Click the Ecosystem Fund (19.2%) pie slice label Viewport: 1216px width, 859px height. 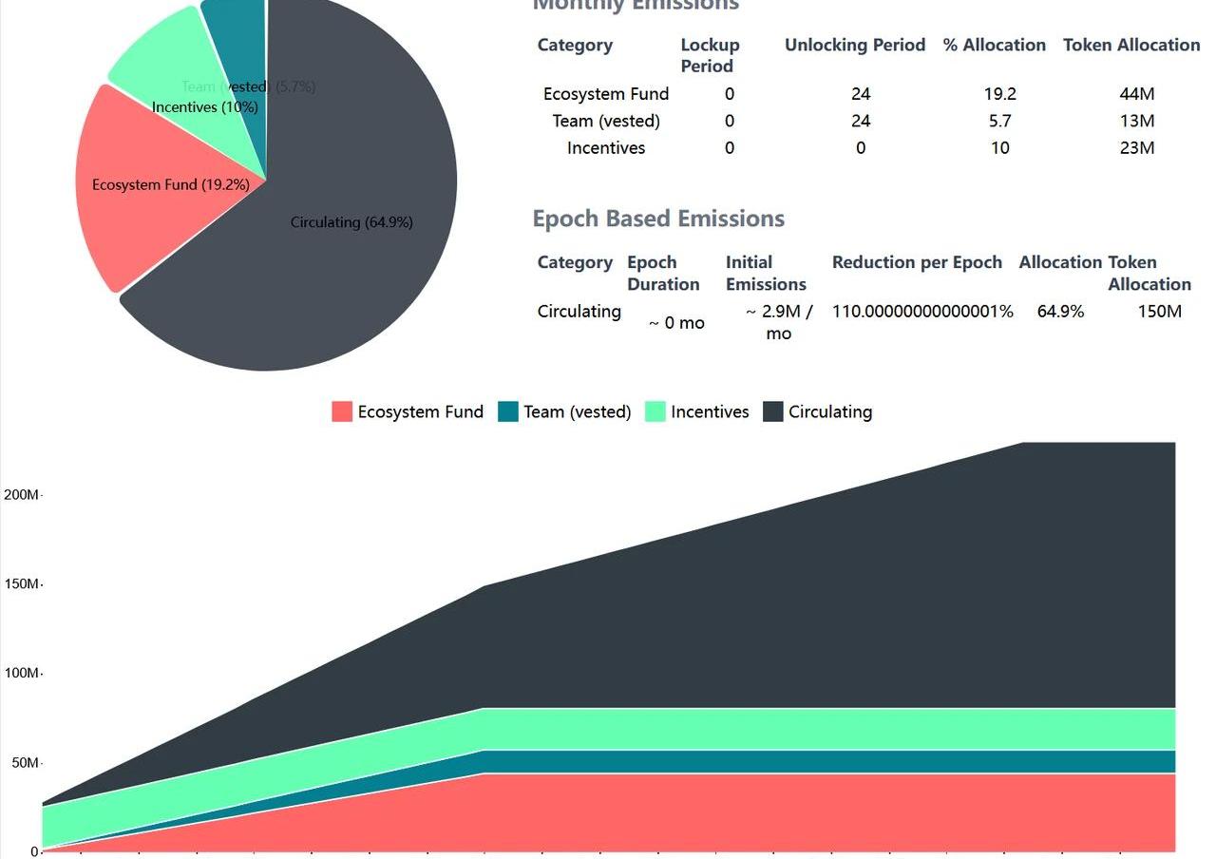coord(171,184)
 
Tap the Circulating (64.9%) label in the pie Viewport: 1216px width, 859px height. coord(351,222)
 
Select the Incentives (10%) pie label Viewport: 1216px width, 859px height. coord(205,107)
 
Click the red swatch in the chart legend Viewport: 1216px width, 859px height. coord(342,411)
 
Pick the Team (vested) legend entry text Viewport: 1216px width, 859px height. coord(577,411)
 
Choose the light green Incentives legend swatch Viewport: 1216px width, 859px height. coord(655,411)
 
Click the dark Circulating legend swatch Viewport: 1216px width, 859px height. coord(773,411)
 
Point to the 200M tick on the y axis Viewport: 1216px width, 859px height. coord(21,495)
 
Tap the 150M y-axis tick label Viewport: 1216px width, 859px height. coord(21,584)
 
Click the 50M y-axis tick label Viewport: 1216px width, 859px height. coord(25,763)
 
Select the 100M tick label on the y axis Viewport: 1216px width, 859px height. coord(21,674)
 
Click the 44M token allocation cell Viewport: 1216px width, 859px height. coord(1137,94)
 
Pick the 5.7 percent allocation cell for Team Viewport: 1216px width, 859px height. coord(999,121)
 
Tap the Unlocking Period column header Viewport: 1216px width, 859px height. coord(855,45)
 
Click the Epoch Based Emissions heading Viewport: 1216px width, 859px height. coord(658,219)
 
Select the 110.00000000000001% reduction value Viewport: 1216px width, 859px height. coord(922,312)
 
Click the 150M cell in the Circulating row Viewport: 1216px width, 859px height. coord(1160,312)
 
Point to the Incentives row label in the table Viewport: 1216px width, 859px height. coord(606,148)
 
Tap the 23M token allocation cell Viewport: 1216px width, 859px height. coord(1137,148)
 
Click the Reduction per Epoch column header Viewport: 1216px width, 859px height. coord(917,262)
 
